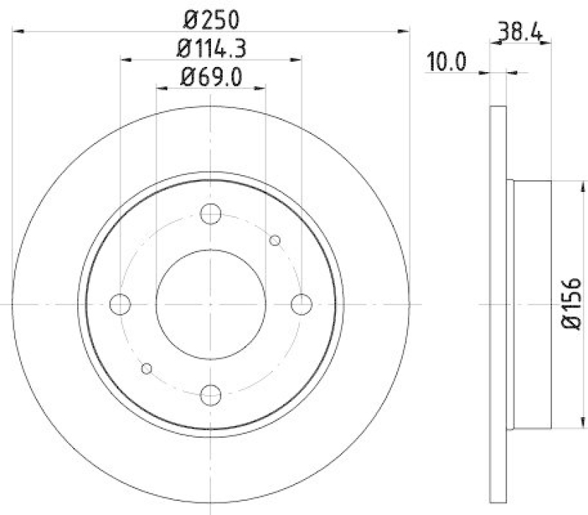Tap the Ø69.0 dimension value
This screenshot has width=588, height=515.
(211, 77)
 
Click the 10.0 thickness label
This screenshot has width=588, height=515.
(448, 62)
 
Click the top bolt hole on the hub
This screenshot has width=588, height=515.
(211, 214)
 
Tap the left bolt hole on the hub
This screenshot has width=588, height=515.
(121, 304)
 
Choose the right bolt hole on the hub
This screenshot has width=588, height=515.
(301, 304)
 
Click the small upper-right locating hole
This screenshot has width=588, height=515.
(276, 240)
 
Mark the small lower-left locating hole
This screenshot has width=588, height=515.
(146, 368)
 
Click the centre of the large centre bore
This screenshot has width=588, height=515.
(211, 304)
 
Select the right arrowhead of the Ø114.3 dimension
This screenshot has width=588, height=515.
(297, 60)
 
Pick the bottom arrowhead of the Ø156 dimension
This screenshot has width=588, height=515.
(551, 427)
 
